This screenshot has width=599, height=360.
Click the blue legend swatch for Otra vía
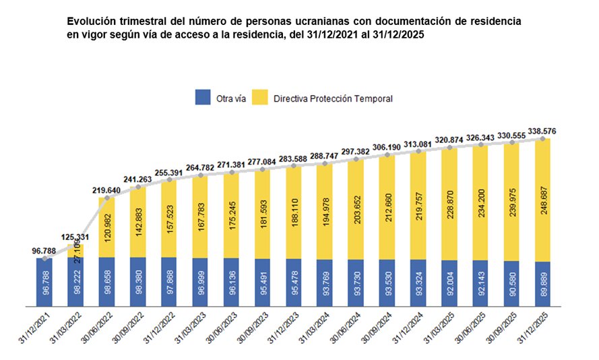tap(203, 98)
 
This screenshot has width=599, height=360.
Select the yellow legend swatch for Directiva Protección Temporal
tap(259, 98)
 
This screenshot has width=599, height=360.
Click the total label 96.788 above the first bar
tap(44, 251)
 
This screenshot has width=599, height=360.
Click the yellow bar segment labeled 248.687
tap(543, 200)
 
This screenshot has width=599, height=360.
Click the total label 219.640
tap(106, 190)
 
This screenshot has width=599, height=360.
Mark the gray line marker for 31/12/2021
tap(44, 258)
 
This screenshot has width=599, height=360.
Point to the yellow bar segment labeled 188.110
tap(294, 212)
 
